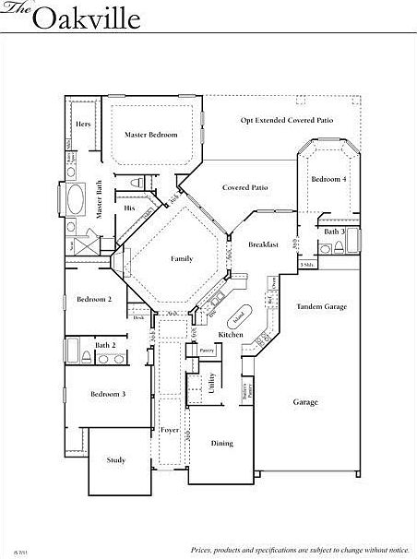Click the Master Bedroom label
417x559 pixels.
pos(150,135)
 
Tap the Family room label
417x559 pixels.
pos(182,258)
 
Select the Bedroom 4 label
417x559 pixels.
pos(328,179)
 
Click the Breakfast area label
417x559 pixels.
pos(263,244)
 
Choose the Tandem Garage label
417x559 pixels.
pos(321,306)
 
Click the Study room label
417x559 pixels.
pos(115,459)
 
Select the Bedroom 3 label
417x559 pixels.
pos(107,394)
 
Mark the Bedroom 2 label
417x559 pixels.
pos(94,299)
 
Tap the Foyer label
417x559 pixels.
pos(170,429)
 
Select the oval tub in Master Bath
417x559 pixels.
pos(73,199)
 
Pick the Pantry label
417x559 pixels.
pos(206,351)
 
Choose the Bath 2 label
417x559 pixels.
pos(105,345)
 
